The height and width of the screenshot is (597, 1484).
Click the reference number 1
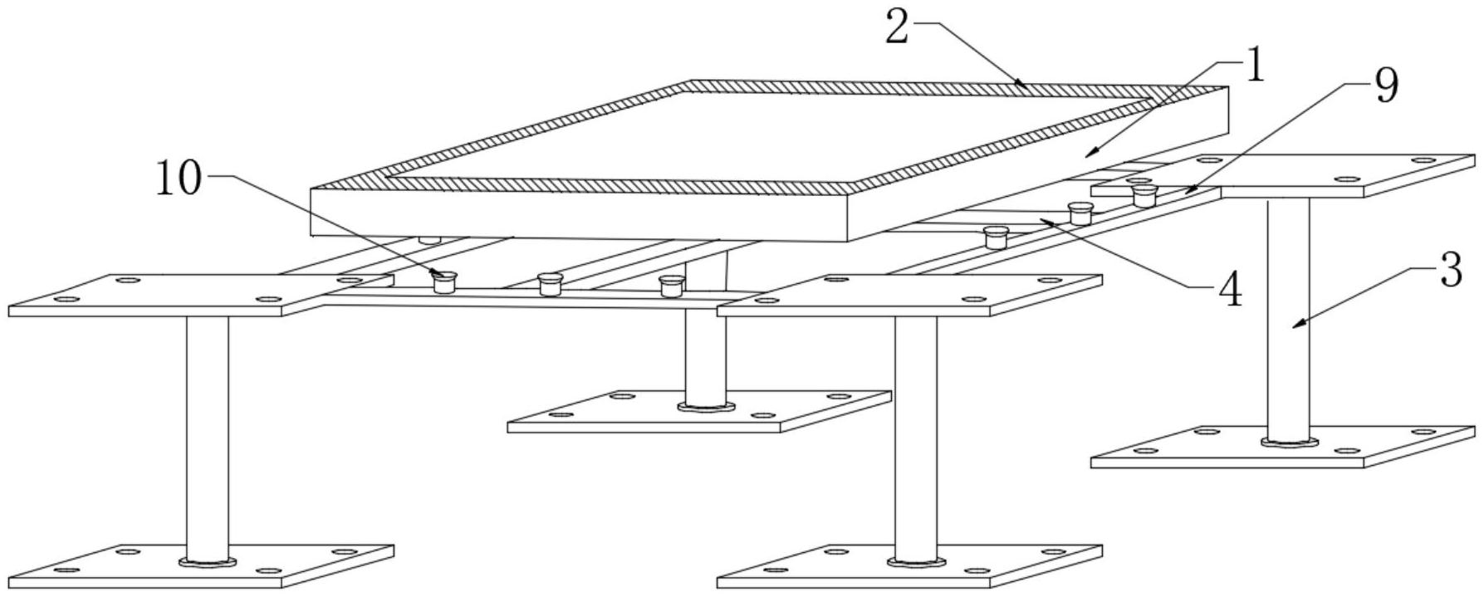1253,66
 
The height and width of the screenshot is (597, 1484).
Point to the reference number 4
1229,291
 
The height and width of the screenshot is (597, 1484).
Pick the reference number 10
178,179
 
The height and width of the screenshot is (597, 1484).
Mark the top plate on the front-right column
909,295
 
